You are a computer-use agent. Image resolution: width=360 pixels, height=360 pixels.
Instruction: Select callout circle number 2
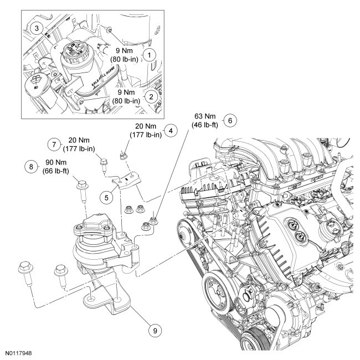point(149,96)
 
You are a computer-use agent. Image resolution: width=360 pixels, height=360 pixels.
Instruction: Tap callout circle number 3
point(36,28)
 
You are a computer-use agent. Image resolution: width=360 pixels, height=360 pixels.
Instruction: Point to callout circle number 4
point(172,131)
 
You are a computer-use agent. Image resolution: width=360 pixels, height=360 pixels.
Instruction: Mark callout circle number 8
point(31,165)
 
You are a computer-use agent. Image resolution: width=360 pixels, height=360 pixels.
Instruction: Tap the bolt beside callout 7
point(104,162)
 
